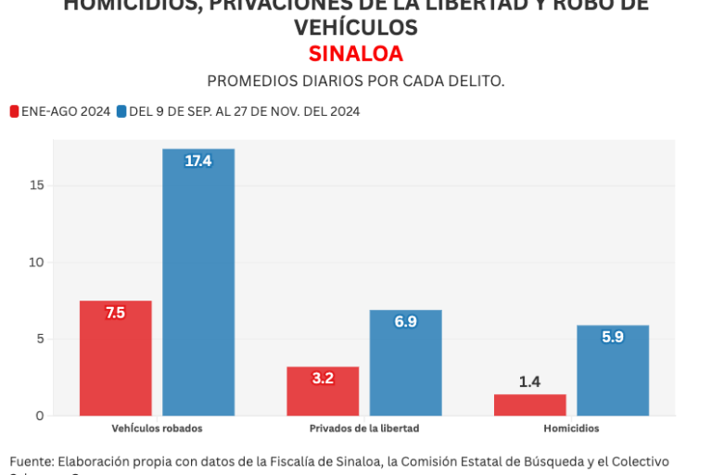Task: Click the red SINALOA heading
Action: [356, 54]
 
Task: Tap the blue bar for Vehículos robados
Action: [198, 282]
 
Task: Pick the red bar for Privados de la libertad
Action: [323, 392]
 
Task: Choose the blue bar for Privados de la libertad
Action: [405, 363]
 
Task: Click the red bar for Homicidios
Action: [529, 405]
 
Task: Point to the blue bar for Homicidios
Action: [612, 370]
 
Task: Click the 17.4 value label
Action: [198, 161]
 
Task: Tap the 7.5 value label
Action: [116, 314]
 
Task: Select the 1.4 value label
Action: [529, 381]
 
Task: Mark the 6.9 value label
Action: [405, 322]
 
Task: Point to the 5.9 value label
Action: [612, 338]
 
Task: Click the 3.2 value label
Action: [323, 379]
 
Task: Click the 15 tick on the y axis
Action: [36, 186]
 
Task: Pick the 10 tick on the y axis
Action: [36, 263]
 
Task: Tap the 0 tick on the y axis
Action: [40, 416]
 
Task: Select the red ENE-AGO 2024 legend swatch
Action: [14, 111]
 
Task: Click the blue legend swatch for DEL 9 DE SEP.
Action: [121, 111]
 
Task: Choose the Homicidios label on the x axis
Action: [571, 429]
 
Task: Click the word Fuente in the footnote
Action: [31, 461]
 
